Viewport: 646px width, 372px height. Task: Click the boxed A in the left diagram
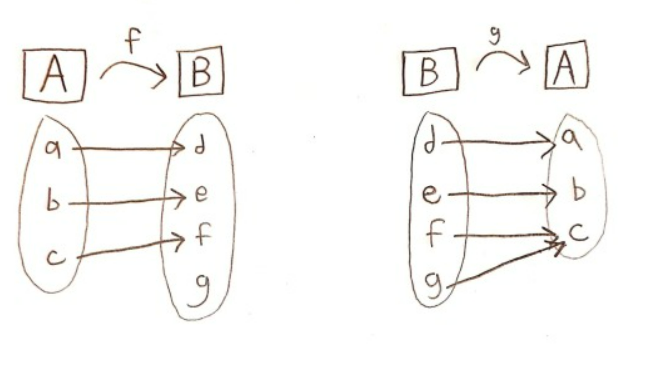(54, 75)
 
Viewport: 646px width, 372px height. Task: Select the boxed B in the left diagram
(202, 75)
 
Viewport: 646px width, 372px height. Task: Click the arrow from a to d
(130, 148)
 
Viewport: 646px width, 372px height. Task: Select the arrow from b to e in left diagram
(127, 201)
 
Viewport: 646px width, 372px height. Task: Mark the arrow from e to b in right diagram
(501, 193)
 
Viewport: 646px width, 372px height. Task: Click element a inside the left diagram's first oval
(51, 148)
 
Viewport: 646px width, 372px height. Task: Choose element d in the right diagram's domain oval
(430, 143)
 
